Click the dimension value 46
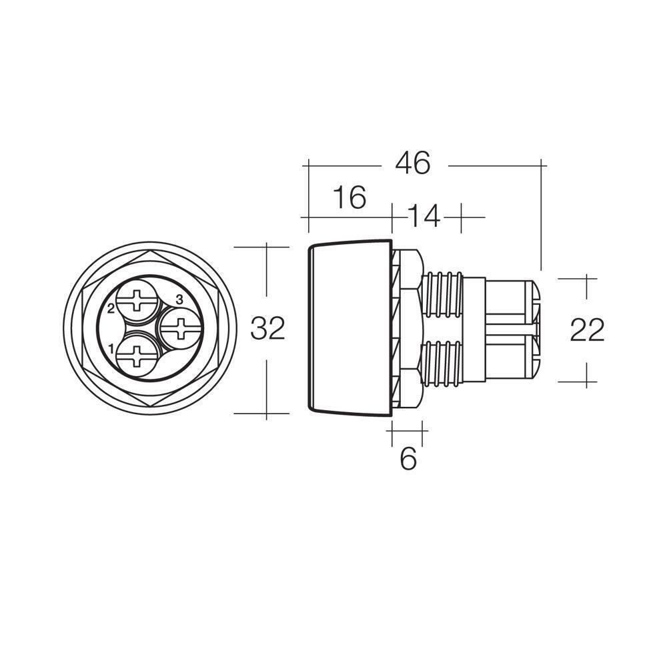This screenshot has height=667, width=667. [x=413, y=163]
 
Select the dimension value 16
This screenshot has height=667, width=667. [x=350, y=197]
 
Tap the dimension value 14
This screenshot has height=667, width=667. [x=424, y=216]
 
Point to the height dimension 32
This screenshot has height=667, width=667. [x=267, y=329]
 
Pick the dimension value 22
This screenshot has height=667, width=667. [x=587, y=330]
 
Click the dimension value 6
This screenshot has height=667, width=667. [x=408, y=459]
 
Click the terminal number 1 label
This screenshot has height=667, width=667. [x=111, y=348]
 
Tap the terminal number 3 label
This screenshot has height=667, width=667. [x=179, y=298]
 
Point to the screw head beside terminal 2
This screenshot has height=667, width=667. [x=138, y=301]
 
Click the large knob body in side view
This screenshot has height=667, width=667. [x=348, y=329]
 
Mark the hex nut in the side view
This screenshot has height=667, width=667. [x=406, y=329]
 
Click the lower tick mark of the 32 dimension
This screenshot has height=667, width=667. [x=267, y=413]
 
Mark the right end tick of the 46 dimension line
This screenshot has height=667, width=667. [x=540, y=163]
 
